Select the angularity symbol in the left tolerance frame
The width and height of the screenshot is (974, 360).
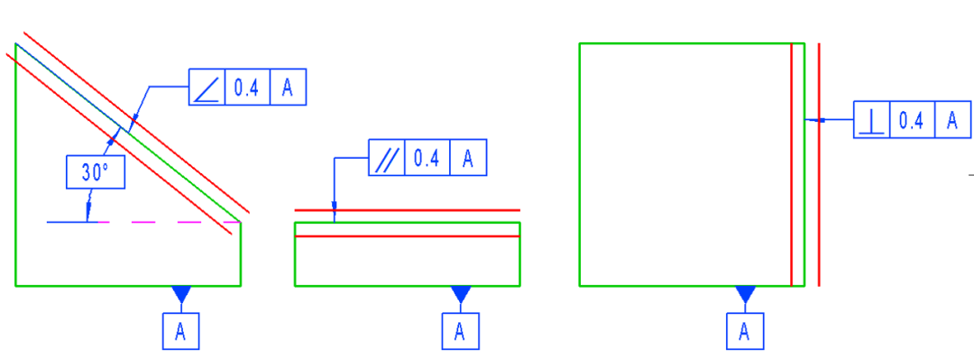point(207,88)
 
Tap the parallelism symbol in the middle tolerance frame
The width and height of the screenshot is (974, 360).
point(387,158)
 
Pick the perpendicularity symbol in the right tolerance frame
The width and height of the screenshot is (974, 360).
point(871,121)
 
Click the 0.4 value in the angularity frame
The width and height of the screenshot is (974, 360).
point(246,88)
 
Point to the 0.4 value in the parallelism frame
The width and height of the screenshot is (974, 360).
point(427,158)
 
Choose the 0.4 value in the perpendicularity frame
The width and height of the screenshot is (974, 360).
point(912,121)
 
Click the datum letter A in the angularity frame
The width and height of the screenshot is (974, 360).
point(288,88)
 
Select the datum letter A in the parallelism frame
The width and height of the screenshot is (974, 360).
point(468,158)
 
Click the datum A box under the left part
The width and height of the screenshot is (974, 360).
point(180,331)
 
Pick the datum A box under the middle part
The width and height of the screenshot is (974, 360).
point(460,331)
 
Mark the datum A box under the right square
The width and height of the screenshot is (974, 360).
point(744,331)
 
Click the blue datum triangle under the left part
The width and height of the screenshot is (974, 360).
point(181,293)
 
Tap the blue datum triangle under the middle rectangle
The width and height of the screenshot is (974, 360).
point(461,293)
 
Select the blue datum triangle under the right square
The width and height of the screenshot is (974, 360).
point(745,293)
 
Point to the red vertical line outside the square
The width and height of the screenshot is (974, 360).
point(819,180)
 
